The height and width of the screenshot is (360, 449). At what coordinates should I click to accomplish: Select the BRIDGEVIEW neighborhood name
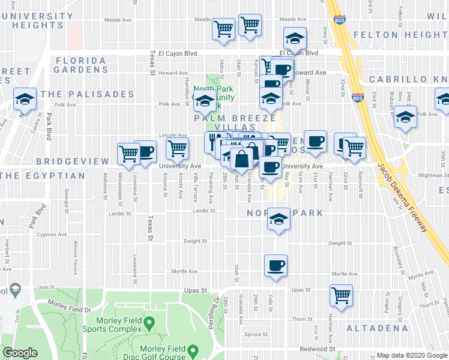tap(73, 162)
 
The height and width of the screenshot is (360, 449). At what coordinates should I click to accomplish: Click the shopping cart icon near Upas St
tap(341, 294)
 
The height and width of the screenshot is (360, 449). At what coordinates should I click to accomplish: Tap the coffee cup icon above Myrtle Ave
tap(276, 265)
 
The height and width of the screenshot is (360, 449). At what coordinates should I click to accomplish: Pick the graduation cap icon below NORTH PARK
tap(279, 220)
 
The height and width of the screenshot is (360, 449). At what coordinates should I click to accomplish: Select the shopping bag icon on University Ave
tap(241, 159)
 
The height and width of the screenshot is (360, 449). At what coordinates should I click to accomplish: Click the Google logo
tap(20, 353)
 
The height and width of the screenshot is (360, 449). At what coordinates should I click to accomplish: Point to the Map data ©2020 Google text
tap(411, 355)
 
